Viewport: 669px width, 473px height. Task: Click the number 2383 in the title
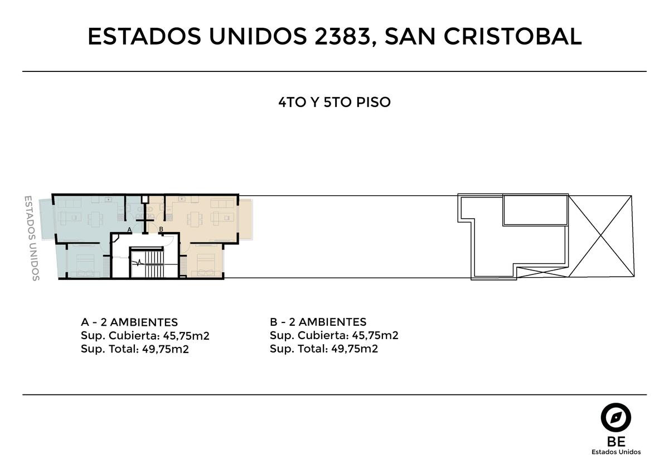342,36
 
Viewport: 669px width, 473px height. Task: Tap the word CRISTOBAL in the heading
513,36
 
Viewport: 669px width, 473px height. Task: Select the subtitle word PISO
374,102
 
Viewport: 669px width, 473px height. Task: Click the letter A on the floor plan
129,229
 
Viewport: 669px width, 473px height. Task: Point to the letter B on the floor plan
161,229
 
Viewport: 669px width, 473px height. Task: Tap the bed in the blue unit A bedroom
85,265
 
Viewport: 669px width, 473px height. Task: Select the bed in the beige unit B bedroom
206,265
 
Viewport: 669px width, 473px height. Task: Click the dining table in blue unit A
95,219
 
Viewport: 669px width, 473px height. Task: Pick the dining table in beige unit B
195,219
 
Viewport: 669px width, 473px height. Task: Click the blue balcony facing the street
47,219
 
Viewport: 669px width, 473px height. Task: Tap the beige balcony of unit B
245,219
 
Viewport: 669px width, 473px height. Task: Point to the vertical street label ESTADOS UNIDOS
32,238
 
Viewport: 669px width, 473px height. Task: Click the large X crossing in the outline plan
601,236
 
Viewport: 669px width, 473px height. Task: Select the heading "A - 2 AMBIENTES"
129,322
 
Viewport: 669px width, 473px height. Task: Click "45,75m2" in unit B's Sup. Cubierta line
375,335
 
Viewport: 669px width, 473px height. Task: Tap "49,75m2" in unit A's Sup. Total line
166,349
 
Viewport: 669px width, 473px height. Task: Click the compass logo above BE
616,417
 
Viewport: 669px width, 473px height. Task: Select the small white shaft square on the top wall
145,199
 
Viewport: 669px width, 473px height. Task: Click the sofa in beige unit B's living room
222,204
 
